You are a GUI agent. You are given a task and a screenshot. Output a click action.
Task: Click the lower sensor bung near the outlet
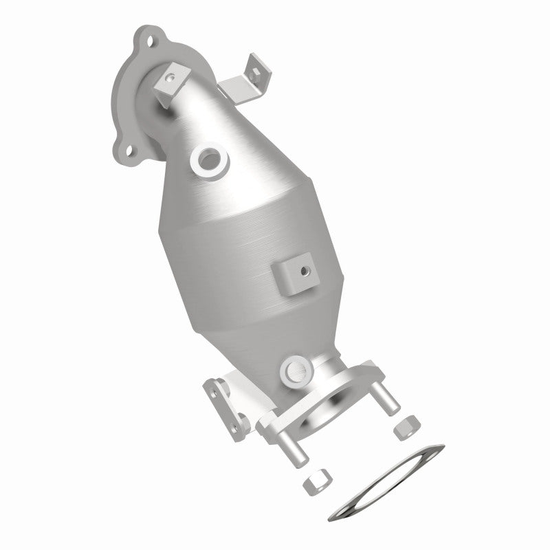coord(294,371)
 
